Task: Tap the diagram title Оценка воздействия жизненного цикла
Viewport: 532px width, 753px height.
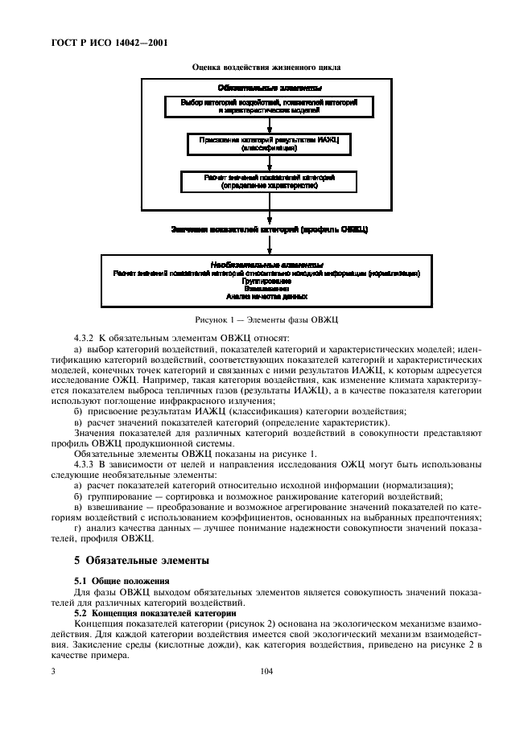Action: tap(266, 67)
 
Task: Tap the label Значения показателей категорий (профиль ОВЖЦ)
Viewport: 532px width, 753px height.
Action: tap(269, 229)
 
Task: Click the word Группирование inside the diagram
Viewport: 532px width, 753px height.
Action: tap(266, 280)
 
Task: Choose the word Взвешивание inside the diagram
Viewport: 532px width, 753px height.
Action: tap(266, 287)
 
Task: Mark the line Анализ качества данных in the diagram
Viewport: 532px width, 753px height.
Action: tap(266, 295)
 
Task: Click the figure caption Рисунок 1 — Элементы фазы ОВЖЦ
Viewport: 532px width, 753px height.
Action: tap(266, 319)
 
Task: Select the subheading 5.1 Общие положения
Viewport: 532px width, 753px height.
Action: tap(113, 580)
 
